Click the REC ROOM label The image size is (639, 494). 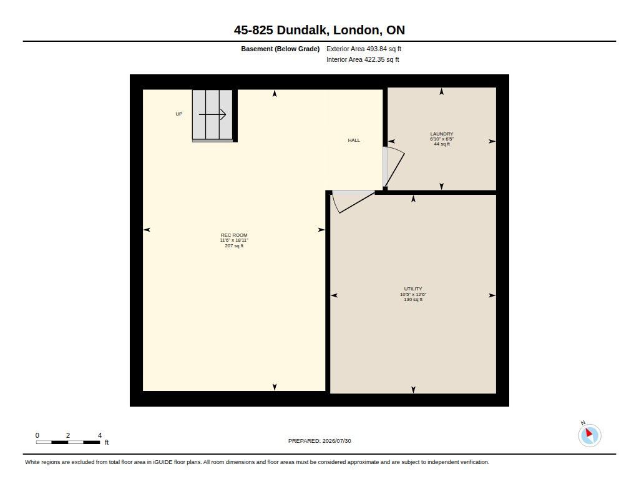pos(234,235)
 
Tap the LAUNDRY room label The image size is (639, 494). pos(442,134)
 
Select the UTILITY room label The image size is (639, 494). pos(413,289)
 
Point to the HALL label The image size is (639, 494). pos(354,141)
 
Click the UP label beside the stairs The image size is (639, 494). pos(179,114)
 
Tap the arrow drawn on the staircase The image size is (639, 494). pos(212,115)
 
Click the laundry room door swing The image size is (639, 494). pos(394,167)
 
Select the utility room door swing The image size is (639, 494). pos(353,201)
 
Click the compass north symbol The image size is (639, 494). pos(589,435)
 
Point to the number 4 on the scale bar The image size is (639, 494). pos(100,435)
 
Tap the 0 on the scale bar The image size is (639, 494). pos(37,435)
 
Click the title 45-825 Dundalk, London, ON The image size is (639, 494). pos(319,30)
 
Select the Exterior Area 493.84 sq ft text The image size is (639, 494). pos(364,49)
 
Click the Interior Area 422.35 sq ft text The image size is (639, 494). pos(363,59)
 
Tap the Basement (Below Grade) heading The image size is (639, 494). pos(280,49)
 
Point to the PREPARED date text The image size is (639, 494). pos(319,441)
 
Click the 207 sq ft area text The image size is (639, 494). pos(234,245)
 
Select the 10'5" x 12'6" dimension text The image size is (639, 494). pos(413,294)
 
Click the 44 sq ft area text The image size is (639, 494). pos(442,144)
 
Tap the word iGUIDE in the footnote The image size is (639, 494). pos(163,462)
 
